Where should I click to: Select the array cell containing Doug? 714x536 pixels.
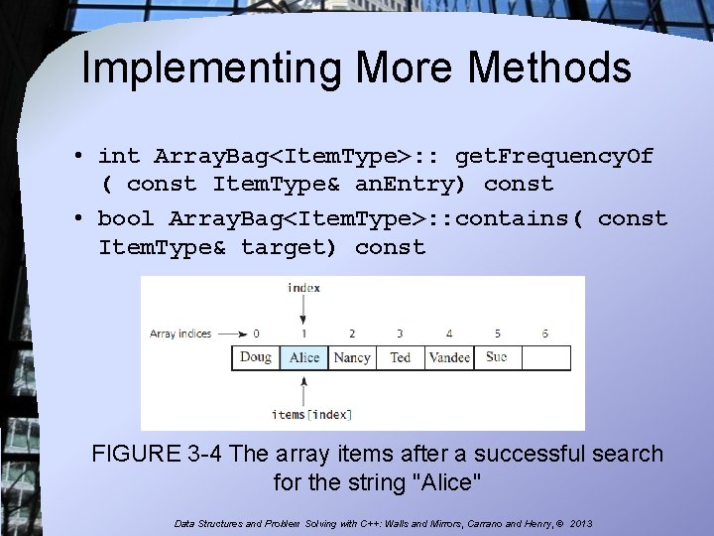[x=256, y=357]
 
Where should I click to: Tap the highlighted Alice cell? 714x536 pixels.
[x=304, y=357]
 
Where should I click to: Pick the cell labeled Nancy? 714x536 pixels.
[x=352, y=357]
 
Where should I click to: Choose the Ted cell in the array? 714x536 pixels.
[x=400, y=357]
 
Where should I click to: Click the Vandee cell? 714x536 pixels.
[x=448, y=357]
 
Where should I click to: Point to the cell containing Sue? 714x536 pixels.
[x=497, y=357]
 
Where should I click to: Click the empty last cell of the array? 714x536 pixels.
[x=545, y=357]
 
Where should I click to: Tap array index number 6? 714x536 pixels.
[x=545, y=334]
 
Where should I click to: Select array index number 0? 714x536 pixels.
[x=256, y=334]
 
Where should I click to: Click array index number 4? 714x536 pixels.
[x=448, y=334]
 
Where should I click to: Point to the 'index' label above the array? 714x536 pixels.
[x=303, y=288]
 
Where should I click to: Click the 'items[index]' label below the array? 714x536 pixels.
[x=304, y=413]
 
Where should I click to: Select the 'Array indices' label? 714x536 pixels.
[x=180, y=334]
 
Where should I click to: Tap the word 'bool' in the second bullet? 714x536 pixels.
[x=126, y=218]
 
